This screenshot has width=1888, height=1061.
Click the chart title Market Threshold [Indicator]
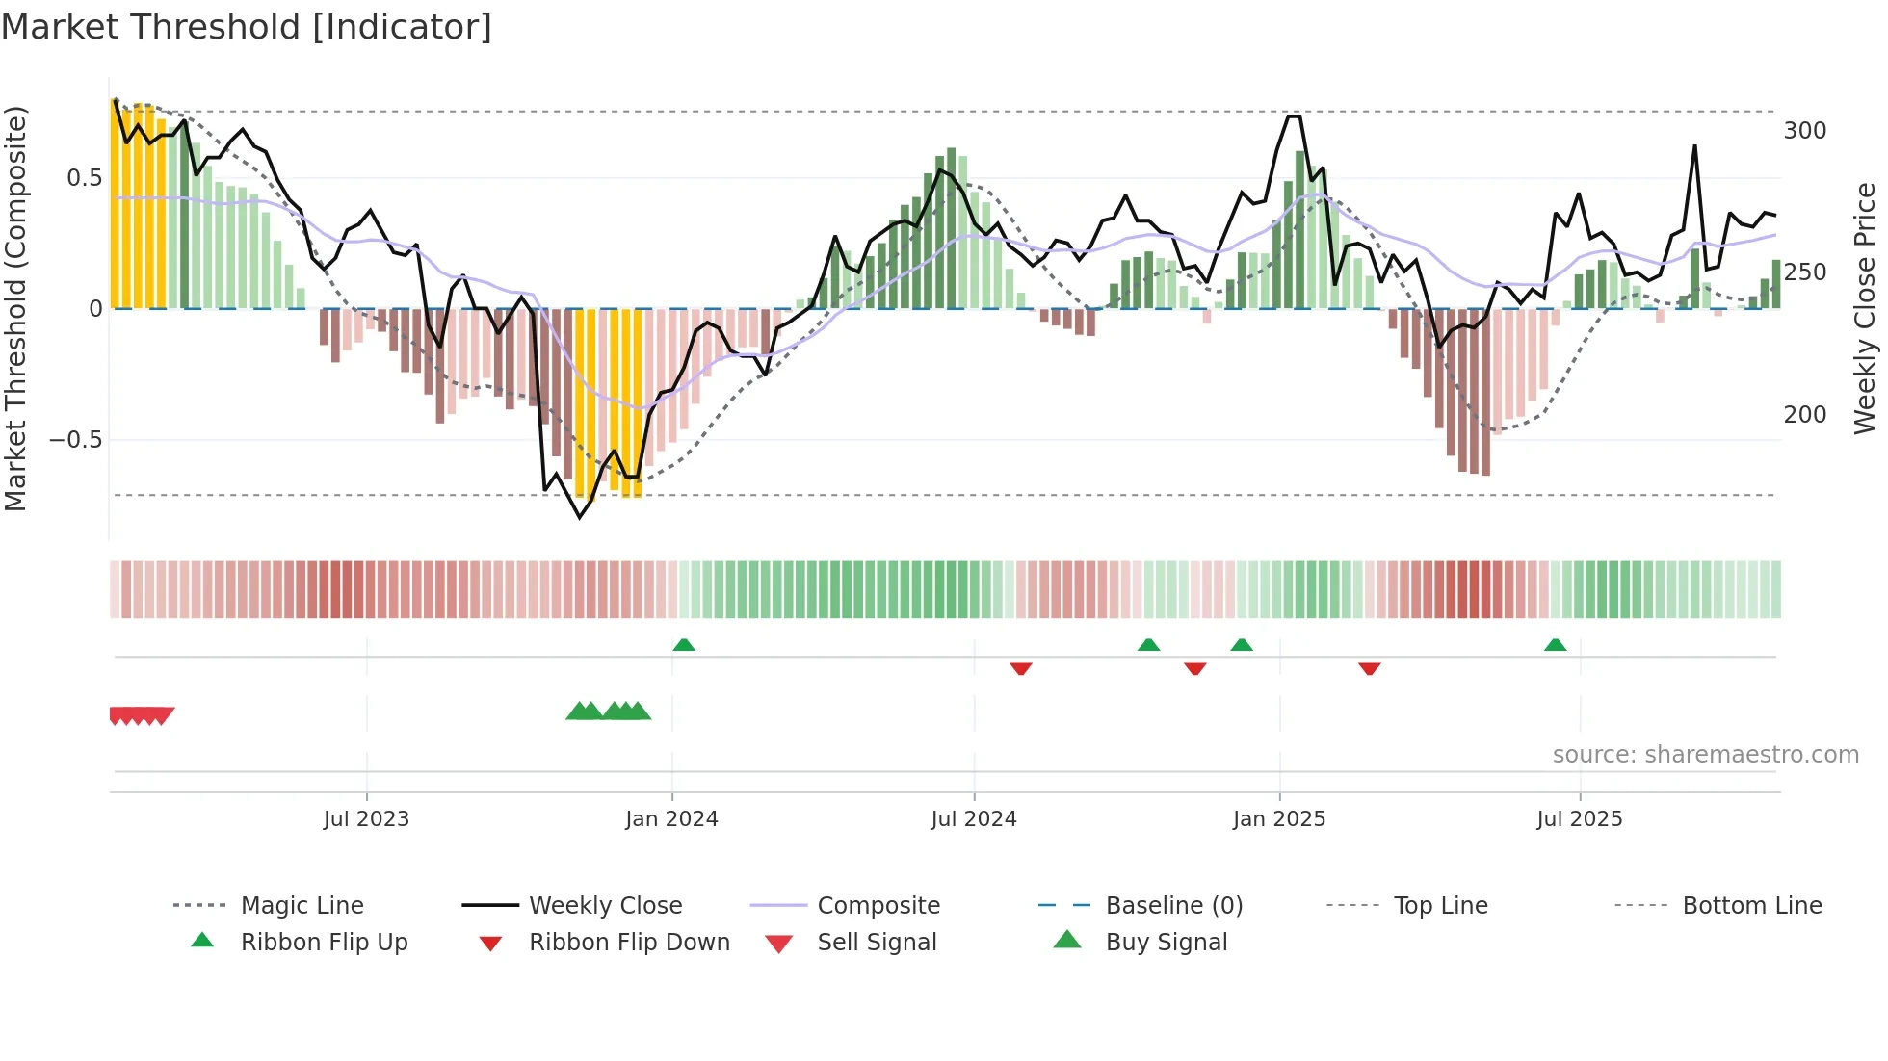coord(247,27)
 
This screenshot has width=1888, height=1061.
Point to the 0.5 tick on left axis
coord(84,178)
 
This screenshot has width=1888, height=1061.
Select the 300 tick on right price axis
coord(1804,131)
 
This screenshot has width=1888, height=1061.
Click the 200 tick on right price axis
coord(1804,415)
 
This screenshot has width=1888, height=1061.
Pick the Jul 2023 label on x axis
coord(366,819)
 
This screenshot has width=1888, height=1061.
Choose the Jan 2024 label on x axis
coord(671,819)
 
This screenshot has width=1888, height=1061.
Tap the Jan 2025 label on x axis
coord(1279,819)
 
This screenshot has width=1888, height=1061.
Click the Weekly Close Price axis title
coord(1865,308)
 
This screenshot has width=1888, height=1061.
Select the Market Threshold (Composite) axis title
coord(15,308)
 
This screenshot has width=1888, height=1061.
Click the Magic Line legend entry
coord(302,906)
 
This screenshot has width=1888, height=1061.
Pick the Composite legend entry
coord(878,906)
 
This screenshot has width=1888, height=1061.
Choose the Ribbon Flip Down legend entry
coord(629,943)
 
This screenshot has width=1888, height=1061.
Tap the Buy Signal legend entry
coord(1166,943)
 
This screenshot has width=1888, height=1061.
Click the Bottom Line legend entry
coord(1751,906)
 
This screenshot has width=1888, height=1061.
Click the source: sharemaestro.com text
coord(1705,755)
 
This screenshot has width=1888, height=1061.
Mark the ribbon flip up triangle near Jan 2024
coord(684,645)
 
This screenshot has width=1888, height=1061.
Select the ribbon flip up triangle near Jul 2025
coord(1555,645)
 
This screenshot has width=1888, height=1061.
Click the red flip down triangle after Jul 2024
coord(1021,668)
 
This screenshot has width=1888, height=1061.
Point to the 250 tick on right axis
coord(1804,272)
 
